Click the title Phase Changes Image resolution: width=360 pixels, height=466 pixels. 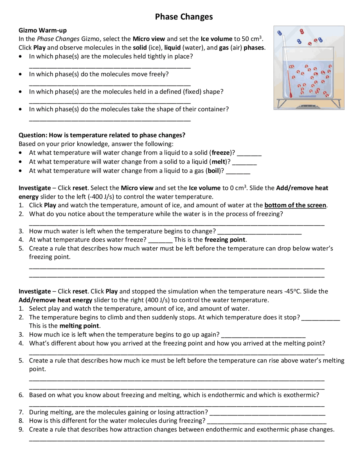[x=184, y=17]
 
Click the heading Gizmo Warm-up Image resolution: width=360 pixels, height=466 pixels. [x=42, y=30]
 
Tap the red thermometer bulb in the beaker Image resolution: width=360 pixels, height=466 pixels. [x=291, y=96]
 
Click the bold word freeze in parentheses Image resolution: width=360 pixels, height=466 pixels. [x=221, y=153]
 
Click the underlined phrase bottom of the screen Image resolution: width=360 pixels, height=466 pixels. [x=295, y=205]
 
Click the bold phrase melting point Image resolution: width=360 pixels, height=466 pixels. [x=79, y=326]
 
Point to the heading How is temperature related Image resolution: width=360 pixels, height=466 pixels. [x=102, y=135]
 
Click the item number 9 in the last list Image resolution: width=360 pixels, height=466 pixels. [x=21, y=429]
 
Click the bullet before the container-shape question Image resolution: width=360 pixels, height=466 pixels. [x=20, y=109]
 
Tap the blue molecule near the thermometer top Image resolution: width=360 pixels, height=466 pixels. [x=280, y=33]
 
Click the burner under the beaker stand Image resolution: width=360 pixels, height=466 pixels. [x=309, y=107]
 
